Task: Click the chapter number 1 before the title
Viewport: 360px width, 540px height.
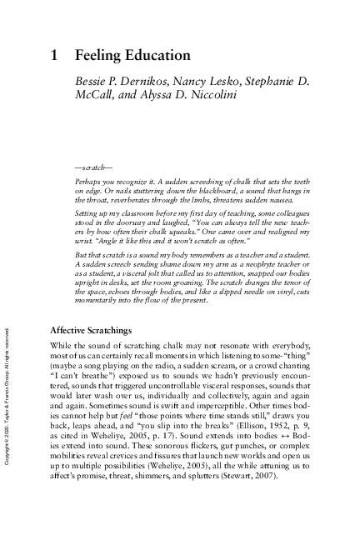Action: click(54, 56)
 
